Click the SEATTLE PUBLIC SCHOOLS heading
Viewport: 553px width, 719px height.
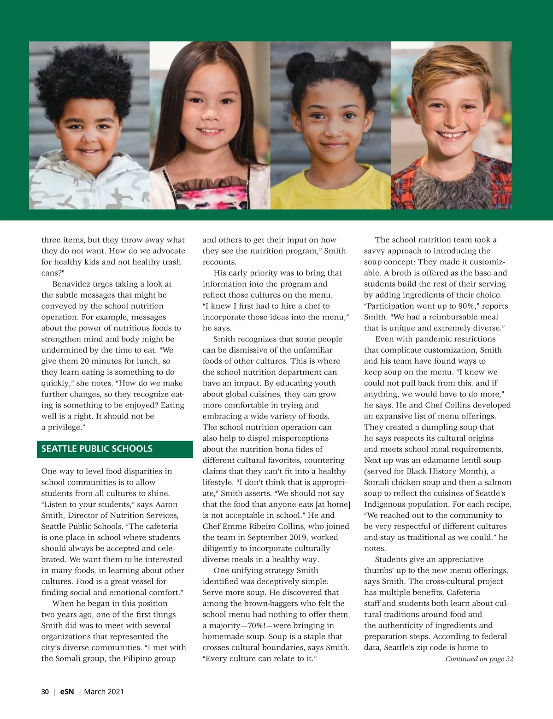[97, 449]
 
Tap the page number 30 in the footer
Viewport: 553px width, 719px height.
[45, 691]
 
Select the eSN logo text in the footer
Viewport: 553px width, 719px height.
[67, 691]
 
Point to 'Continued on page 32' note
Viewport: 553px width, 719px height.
[479, 659]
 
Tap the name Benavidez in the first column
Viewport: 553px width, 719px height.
[71, 284]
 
